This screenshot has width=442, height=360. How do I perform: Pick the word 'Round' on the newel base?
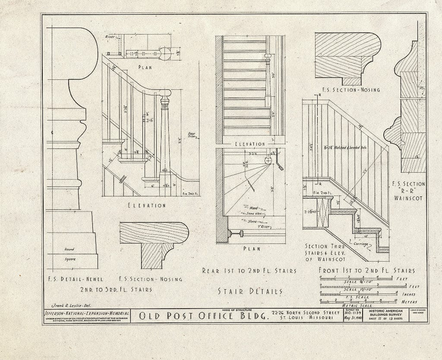coord(69,249)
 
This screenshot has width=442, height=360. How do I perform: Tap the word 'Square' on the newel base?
coord(69,259)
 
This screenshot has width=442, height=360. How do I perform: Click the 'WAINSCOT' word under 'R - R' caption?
coord(408,199)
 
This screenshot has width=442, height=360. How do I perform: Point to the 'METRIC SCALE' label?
coord(357,305)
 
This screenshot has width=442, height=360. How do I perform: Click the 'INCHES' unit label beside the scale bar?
coord(406,294)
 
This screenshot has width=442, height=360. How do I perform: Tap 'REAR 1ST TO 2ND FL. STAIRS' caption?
coord(249,271)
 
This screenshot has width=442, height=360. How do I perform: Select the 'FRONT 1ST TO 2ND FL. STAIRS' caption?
coord(366,271)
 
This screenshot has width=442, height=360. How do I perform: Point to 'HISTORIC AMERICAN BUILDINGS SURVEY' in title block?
coord(388,313)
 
